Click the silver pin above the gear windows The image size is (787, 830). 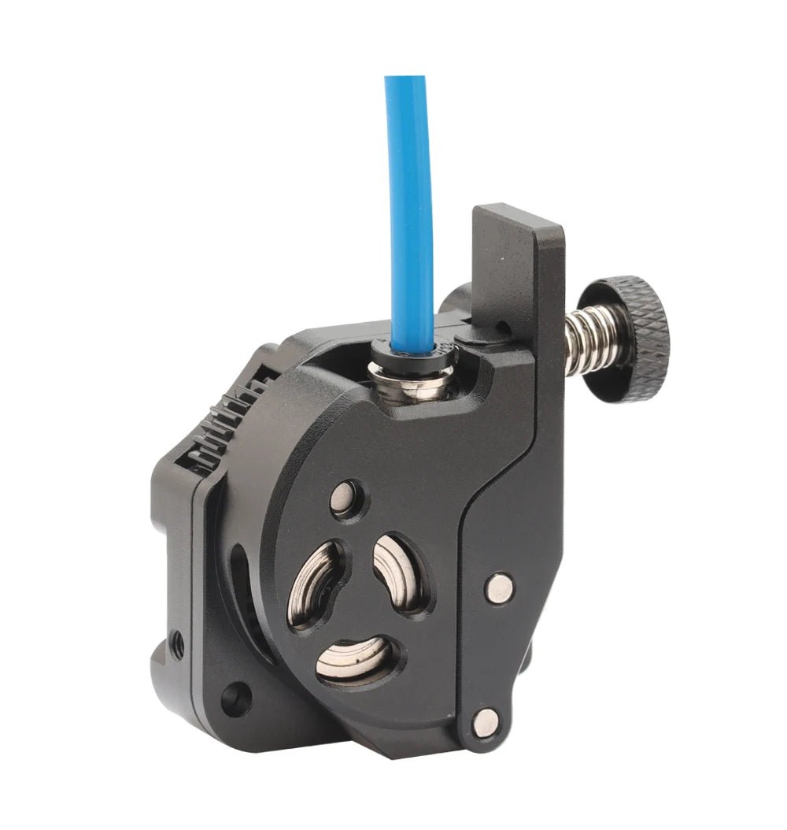click(345, 498)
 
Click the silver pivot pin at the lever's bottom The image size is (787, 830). click(486, 721)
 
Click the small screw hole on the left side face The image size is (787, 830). click(178, 646)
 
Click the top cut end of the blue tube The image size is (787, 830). click(405, 79)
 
